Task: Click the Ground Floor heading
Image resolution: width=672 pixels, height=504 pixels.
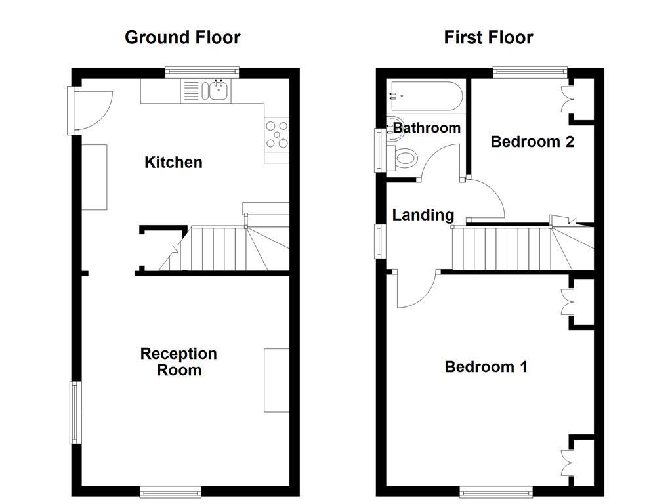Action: (x=182, y=37)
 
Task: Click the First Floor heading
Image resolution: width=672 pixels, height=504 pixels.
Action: (x=488, y=37)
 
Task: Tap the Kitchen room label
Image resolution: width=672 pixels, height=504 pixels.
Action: (x=173, y=162)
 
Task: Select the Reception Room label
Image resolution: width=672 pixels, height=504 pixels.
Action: (x=178, y=362)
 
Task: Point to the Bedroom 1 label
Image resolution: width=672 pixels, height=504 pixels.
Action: (x=486, y=366)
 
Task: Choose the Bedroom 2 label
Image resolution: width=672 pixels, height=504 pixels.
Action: (x=532, y=141)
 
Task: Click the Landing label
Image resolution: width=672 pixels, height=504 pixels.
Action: (x=423, y=215)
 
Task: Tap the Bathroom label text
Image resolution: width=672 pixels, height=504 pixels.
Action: (x=427, y=127)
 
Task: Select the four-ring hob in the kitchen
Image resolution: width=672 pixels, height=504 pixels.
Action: (x=276, y=133)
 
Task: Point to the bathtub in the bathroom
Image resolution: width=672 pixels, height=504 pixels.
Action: (x=425, y=96)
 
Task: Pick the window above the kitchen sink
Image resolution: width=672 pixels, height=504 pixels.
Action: (x=201, y=72)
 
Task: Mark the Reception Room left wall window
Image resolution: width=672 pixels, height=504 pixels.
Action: (x=75, y=412)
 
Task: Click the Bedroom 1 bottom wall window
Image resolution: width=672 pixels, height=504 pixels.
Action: (x=495, y=491)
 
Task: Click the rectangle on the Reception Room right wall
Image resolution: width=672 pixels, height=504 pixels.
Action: (x=276, y=380)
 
